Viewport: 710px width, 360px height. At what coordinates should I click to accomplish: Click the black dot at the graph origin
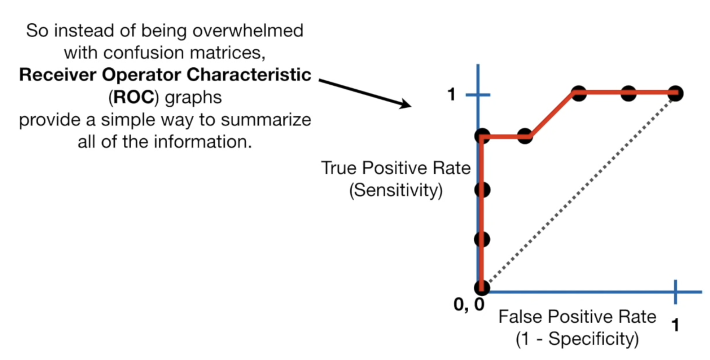pyautogui.click(x=482, y=287)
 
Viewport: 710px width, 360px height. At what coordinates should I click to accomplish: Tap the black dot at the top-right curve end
pyautogui.click(x=676, y=93)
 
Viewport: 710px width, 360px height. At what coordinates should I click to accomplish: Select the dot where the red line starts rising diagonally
pyautogui.click(x=525, y=136)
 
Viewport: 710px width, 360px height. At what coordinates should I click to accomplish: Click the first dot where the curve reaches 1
pyautogui.click(x=579, y=93)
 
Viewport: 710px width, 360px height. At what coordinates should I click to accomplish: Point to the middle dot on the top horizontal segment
pyautogui.click(x=628, y=93)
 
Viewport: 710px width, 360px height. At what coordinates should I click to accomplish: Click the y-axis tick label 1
pyautogui.click(x=451, y=95)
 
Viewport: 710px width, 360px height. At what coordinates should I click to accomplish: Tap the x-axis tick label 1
pyautogui.click(x=676, y=325)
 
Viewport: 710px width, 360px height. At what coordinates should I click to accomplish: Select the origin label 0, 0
pyautogui.click(x=469, y=305)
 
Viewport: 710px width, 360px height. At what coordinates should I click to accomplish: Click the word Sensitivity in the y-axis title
pyautogui.click(x=396, y=190)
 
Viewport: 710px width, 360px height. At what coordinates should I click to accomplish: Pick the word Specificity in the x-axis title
pyautogui.click(x=592, y=339)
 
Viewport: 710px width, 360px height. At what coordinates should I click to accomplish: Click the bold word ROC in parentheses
pyautogui.click(x=134, y=97)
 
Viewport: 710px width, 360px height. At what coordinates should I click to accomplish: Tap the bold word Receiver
pyautogui.click(x=58, y=75)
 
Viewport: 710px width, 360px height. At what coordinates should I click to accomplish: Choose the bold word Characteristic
pyautogui.click(x=249, y=75)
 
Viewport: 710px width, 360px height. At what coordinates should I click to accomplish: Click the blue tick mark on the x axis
pyautogui.click(x=676, y=292)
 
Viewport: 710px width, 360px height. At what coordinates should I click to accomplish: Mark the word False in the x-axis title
pyautogui.click(x=520, y=317)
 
